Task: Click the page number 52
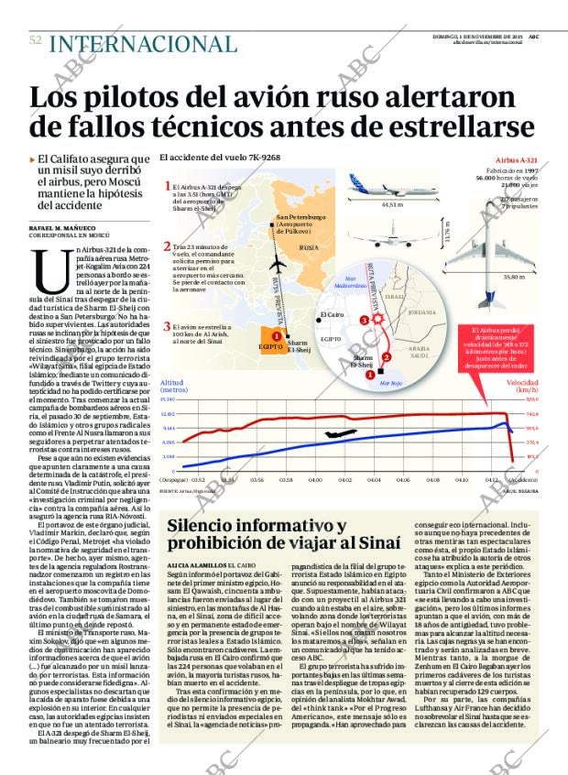pyautogui.click(x=36, y=41)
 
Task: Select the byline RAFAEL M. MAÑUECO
pyautogui.click(x=64, y=226)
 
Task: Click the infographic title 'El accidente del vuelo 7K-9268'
pyautogui.click(x=220, y=158)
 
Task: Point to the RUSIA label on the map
pyautogui.click(x=310, y=248)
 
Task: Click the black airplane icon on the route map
pyautogui.click(x=277, y=263)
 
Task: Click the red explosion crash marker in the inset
pyautogui.click(x=368, y=320)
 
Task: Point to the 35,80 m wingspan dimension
pyautogui.click(x=514, y=275)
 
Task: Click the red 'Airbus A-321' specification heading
pyautogui.click(x=515, y=159)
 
